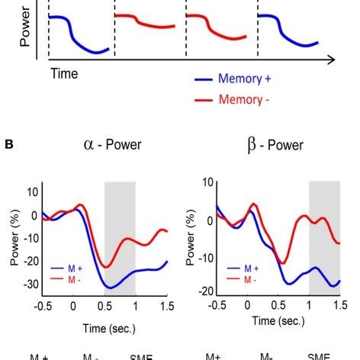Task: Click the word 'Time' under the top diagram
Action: click(x=65, y=74)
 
